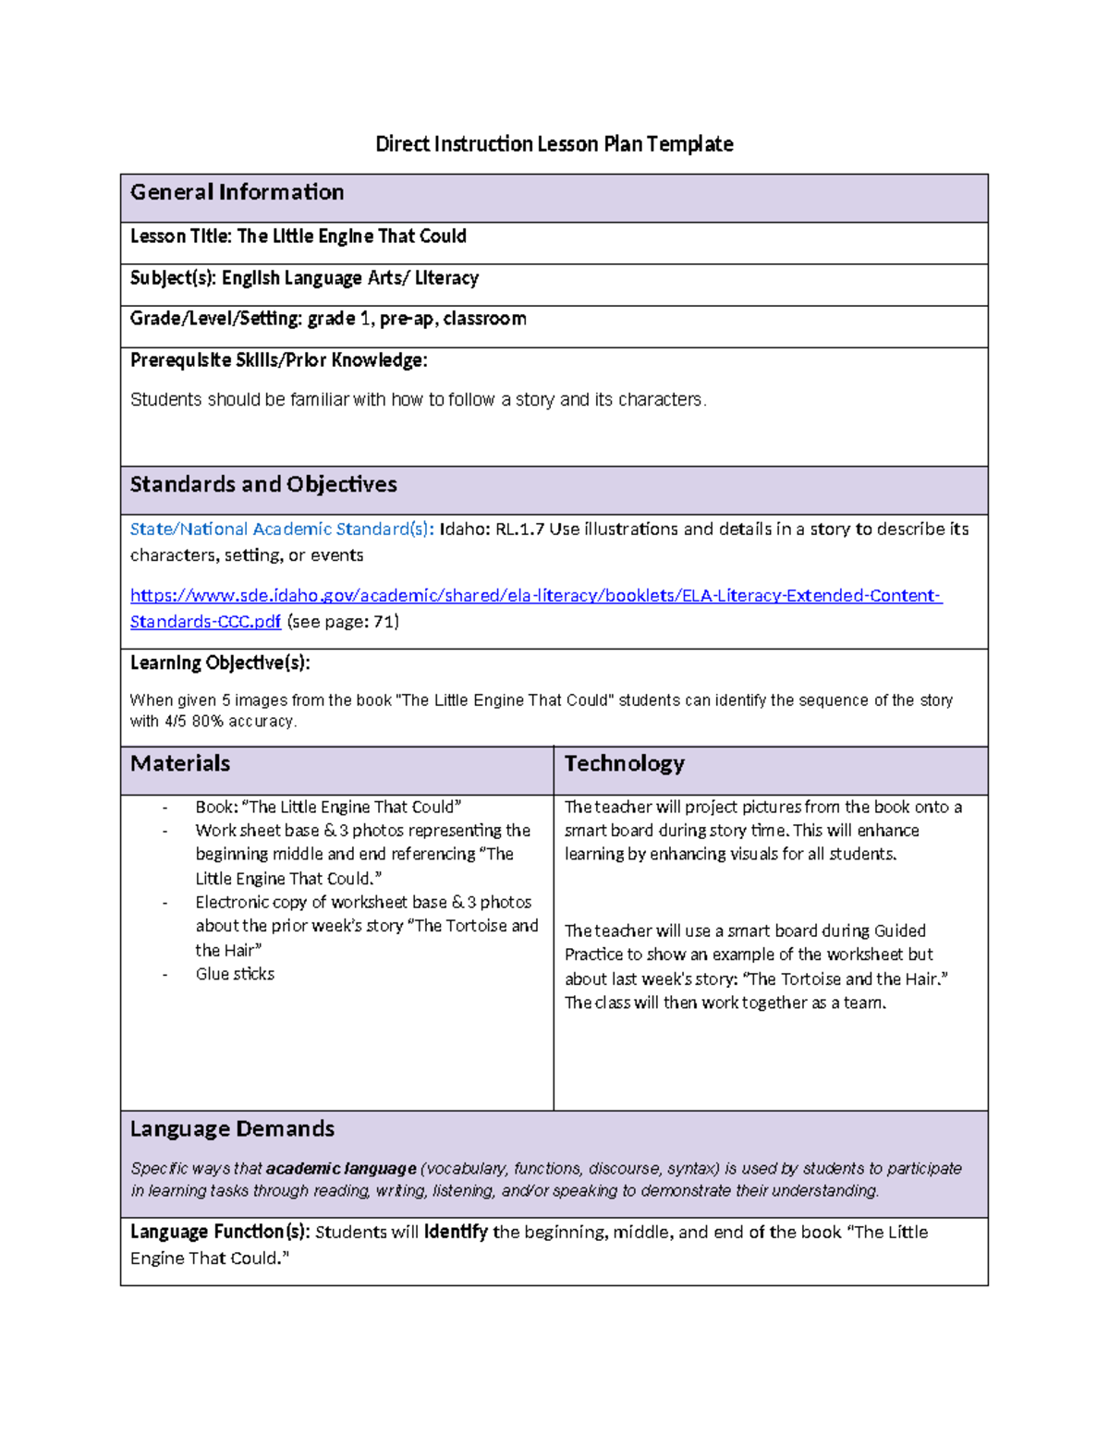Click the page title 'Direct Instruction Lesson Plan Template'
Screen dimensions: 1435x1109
click(554, 144)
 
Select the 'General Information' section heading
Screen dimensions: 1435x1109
click(237, 192)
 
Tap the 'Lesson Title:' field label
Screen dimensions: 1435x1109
click(181, 237)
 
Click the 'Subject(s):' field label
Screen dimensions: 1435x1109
click(174, 278)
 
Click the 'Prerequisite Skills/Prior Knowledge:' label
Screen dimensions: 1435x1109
click(278, 360)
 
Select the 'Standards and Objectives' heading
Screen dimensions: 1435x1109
click(263, 484)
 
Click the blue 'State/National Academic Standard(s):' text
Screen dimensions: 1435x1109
click(282, 529)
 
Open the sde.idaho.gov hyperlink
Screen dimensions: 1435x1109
click(535, 596)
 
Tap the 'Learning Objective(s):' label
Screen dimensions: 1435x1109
click(220, 663)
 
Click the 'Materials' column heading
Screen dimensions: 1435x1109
click(180, 763)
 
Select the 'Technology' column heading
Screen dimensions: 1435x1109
click(624, 763)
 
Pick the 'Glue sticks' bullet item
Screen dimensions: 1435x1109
click(235, 974)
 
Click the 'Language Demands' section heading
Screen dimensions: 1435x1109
click(232, 1129)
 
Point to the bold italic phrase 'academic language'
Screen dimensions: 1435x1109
click(341, 1169)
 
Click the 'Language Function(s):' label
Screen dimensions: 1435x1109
click(220, 1232)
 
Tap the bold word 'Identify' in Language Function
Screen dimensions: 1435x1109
click(456, 1232)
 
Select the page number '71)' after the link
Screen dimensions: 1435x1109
click(385, 622)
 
